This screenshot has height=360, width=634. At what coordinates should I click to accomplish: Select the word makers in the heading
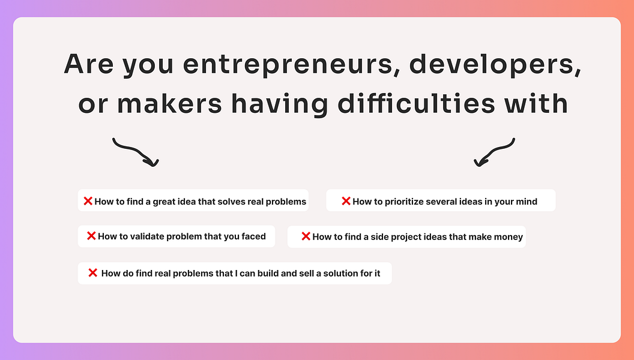point(169,104)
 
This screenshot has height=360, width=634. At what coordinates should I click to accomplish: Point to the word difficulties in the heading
point(417,104)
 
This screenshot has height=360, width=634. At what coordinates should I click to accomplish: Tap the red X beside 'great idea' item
point(88,201)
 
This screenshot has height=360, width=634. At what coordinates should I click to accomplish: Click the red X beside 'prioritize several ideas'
point(346,201)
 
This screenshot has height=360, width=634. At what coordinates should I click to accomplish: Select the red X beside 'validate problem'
point(91,236)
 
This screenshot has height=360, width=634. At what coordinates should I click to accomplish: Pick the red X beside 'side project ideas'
point(306,236)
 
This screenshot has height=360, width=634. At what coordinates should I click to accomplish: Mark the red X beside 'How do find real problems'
point(92,273)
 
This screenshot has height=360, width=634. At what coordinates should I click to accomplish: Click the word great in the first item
point(163,202)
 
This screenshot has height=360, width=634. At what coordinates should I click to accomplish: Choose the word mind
point(527,201)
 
